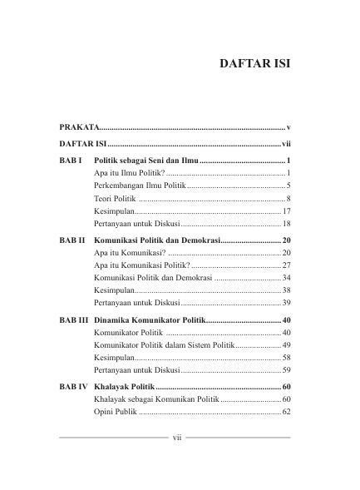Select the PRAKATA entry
(79, 127)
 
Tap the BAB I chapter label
(71, 158)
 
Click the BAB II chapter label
(72, 239)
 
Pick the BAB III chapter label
(74, 319)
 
